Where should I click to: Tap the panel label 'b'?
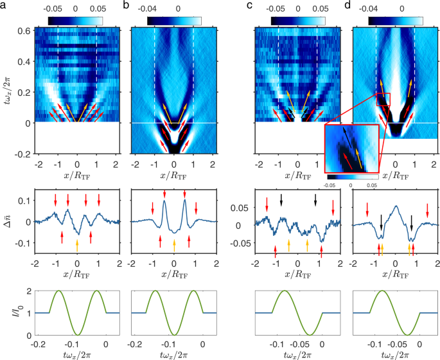pyautogui.click(x=134, y=7)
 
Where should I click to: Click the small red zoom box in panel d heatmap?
pyautogui.click(x=382, y=99)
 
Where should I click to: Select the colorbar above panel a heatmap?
pyautogui.click(x=75, y=21)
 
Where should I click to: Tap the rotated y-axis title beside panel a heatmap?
pyautogui.click(x=8, y=90)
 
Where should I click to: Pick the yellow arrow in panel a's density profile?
pyautogui.click(x=77, y=244)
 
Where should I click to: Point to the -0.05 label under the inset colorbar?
pyautogui.click(x=328, y=184)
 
